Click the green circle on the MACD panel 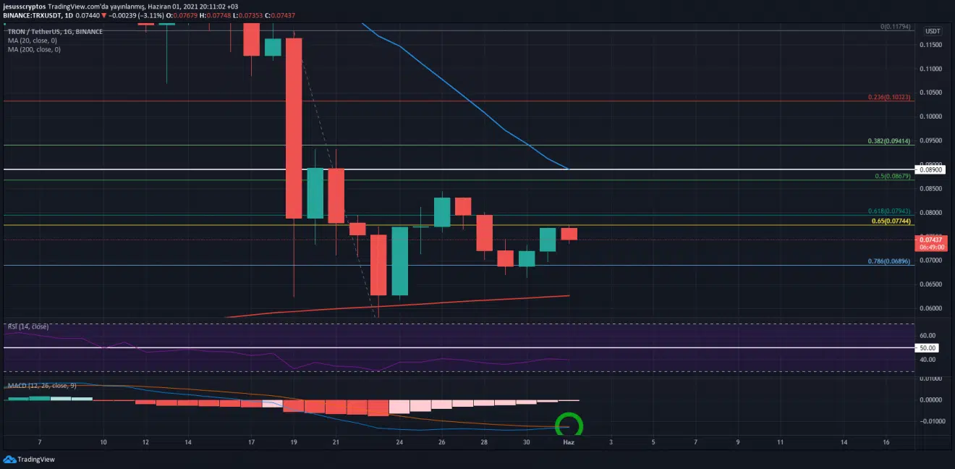click(568, 425)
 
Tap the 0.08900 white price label click(933, 169)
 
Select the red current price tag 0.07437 click(933, 240)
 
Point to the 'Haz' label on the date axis click(569, 441)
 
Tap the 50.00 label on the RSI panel click(928, 348)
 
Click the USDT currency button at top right click(933, 31)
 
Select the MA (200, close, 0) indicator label click(34, 49)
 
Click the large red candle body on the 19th click(294, 127)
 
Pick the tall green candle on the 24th click(400, 261)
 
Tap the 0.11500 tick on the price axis click(933, 45)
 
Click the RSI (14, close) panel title click(28, 326)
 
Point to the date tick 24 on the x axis click(399, 441)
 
